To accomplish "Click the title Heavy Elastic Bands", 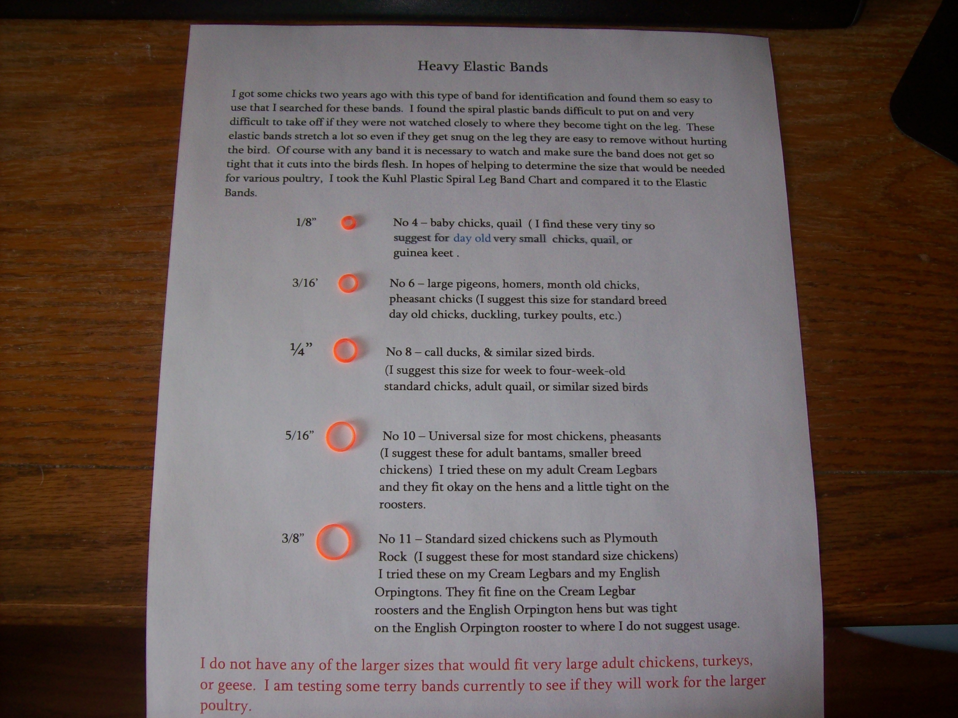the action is [x=482, y=67].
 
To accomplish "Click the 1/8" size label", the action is [x=306, y=222].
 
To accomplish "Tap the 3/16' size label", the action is [x=305, y=283].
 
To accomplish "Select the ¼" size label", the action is [x=301, y=349].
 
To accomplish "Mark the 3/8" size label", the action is [x=293, y=539].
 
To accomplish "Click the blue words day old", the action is [x=472, y=238].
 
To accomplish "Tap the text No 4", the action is [x=406, y=223].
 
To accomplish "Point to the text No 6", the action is [x=402, y=283].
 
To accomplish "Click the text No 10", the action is [x=399, y=435].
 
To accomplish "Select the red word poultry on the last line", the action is [x=225, y=706].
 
